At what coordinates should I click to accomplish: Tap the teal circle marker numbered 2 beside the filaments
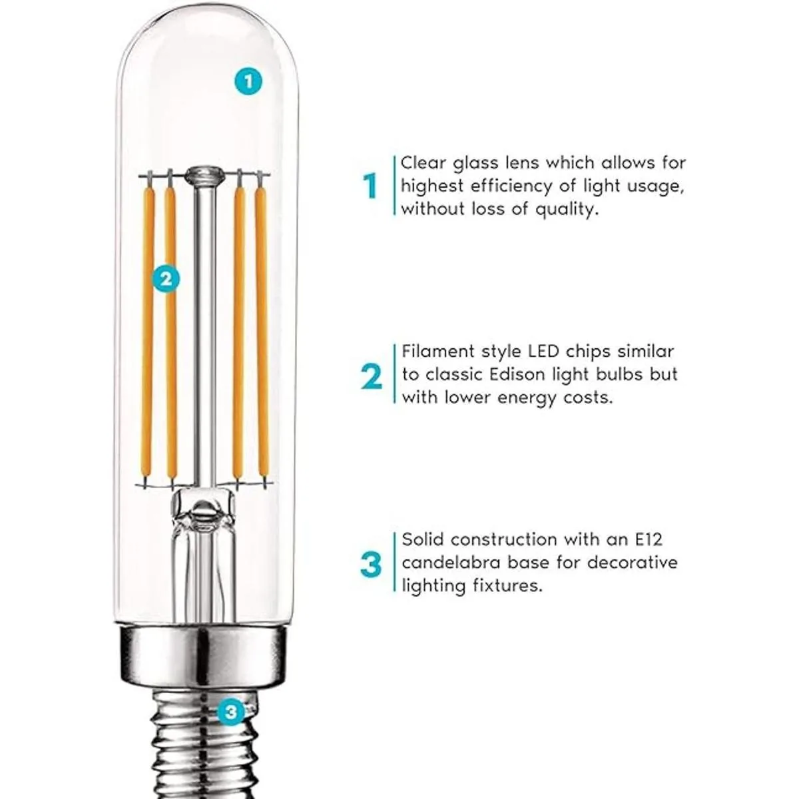(x=166, y=278)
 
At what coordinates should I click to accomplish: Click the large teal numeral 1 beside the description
(x=370, y=186)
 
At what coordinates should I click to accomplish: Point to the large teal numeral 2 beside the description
(x=371, y=376)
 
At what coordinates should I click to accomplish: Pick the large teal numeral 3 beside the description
(x=371, y=564)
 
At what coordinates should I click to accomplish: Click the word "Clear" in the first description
(x=423, y=163)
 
